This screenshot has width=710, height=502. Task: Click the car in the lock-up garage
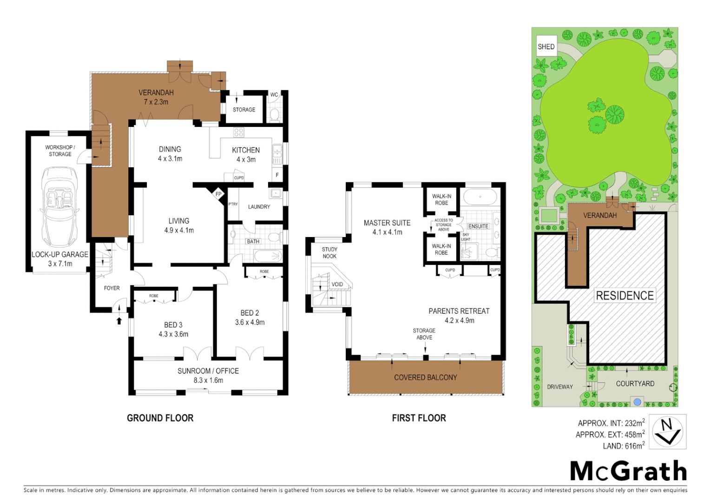(x=59, y=207)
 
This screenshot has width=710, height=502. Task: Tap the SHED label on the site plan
(x=546, y=46)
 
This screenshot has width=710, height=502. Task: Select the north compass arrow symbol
(x=667, y=432)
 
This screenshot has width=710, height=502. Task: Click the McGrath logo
(x=628, y=471)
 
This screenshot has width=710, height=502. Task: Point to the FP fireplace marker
(x=218, y=194)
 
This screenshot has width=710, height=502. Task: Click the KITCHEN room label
(x=246, y=150)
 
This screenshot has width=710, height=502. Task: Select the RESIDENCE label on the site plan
(x=625, y=296)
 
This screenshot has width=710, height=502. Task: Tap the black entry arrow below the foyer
(x=119, y=320)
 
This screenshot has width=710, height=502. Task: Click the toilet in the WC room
(x=274, y=113)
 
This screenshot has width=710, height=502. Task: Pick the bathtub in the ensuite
(x=480, y=197)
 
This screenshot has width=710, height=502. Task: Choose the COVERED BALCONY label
(x=425, y=377)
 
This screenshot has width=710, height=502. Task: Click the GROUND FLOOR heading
(x=160, y=418)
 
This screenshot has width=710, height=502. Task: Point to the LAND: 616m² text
(x=623, y=446)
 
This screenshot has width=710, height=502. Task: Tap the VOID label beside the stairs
(x=337, y=284)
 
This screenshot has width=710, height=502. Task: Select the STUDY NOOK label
(x=329, y=253)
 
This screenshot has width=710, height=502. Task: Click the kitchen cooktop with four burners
(x=238, y=132)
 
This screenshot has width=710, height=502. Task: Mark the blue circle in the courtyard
(x=638, y=402)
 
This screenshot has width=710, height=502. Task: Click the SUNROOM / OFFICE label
(x=208, y=371)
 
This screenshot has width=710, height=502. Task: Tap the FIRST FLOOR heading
(x=419, y=418)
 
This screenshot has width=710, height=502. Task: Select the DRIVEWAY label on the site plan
(x=559, y=387)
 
